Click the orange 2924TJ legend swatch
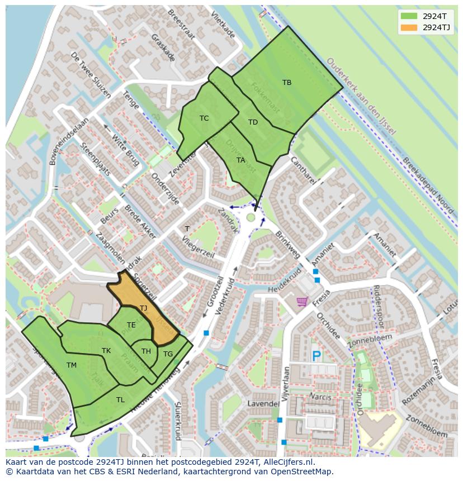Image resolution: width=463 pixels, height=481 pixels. tap(409, 27)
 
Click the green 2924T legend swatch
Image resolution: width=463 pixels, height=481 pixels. tap(409, 16)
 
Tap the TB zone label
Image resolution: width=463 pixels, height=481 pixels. tap(287, 83)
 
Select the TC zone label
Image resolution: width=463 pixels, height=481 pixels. tap(204, 118)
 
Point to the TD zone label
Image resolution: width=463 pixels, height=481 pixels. tap(253, 122)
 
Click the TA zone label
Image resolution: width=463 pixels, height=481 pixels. tap(240, 160)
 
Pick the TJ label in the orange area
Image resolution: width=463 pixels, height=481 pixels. tap(143, 308)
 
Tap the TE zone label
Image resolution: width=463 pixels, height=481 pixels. tap(131, 325)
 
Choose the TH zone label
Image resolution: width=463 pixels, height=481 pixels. tap(146, 351)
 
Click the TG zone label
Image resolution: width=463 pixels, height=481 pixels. tap(168, 354)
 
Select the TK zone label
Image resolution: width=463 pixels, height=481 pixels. tap(106, 351)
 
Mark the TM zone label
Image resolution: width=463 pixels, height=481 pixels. tap(72, 365)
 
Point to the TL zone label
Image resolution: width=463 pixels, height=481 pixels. tap(120, 400)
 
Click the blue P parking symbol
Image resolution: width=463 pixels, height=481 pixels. tap(316, 356)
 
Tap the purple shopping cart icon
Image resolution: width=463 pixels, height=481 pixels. tap(303, 302)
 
